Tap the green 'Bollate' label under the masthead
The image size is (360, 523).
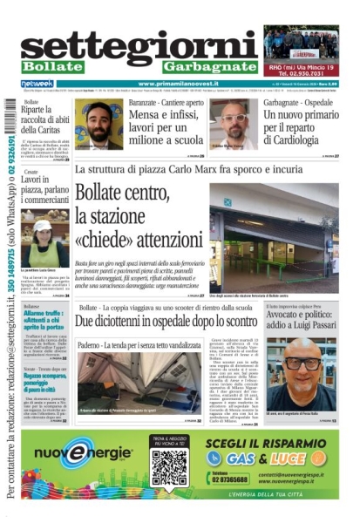51,66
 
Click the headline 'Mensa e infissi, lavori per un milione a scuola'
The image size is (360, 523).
164,122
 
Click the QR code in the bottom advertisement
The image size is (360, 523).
168,467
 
